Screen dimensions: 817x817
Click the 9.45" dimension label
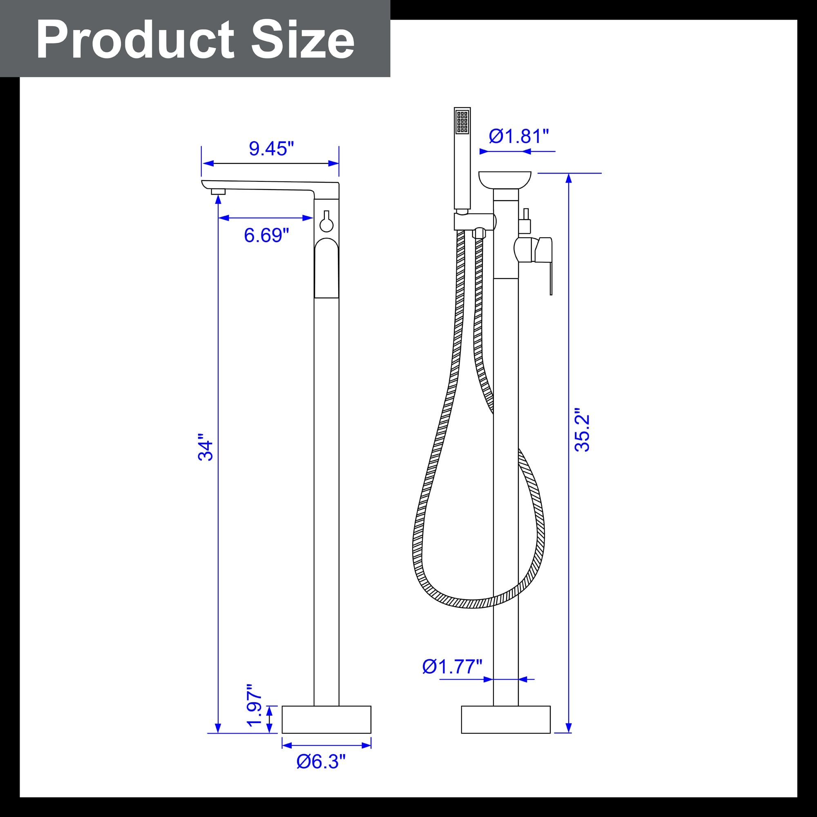coord(271,148)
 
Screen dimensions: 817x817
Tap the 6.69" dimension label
coord(266,235)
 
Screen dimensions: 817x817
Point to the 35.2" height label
coord(582,430)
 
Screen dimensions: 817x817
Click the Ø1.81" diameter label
coord(519,136)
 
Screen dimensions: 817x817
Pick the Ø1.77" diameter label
coord(453,667)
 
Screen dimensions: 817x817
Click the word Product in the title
coord(135,40)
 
